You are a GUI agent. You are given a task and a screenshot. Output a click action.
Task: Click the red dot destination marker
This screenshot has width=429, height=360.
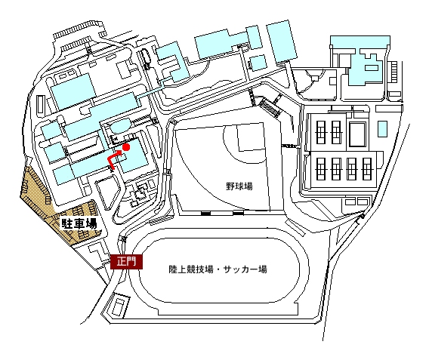pos(126,147)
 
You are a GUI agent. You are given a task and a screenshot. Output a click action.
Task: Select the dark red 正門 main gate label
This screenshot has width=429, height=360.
pos(126,262)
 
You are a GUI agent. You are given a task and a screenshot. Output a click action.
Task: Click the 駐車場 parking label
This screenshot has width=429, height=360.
pos(79,224)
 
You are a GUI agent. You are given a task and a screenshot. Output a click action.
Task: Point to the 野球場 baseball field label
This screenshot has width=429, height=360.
pos(239,186)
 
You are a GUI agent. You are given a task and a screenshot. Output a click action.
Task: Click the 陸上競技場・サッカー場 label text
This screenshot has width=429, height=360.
pos(218,269)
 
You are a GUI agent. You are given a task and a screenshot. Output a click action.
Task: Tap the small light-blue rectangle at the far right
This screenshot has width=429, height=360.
pos(382,129)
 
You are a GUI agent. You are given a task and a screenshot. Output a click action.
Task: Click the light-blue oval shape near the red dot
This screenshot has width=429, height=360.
pos(120,126)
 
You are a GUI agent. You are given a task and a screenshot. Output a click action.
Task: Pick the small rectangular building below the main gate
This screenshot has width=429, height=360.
pos(119,306)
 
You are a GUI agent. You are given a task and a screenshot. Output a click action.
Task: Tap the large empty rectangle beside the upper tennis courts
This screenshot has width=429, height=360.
pos(357,135)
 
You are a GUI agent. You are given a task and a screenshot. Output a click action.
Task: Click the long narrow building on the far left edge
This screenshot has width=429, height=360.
pos(40,104)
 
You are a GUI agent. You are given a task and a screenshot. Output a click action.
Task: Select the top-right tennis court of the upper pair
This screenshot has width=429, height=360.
pos(336,132)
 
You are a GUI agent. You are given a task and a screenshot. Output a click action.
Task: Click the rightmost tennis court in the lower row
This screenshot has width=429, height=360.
pos(366,169)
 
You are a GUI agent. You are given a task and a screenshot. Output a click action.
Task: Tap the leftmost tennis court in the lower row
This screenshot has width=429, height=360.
pos(321,169)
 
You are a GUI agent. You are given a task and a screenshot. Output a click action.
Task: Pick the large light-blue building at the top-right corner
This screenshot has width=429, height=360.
pos(360,60)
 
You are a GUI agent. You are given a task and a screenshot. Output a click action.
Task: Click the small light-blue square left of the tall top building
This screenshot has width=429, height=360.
pos(258,63)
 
